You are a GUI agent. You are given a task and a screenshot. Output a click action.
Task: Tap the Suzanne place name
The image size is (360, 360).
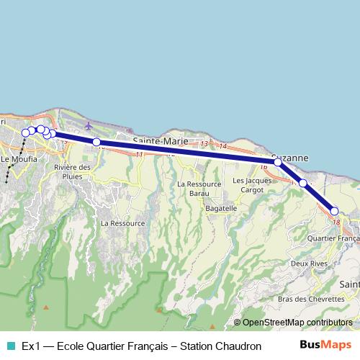[x=290, y=157]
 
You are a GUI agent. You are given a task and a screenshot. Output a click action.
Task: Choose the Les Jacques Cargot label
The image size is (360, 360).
[x=252, y=184]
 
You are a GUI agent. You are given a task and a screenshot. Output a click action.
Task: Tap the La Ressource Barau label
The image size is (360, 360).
[x=192, y=189]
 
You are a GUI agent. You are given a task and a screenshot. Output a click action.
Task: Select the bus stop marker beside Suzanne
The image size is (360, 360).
[x=278, y=163]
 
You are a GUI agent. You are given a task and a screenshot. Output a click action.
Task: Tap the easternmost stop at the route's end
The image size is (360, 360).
[x=335, y=211]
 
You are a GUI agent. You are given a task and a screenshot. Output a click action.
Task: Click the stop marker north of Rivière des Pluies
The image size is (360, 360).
[x=96, y=143]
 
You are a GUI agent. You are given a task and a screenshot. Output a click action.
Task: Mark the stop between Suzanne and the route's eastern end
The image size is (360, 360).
[x=303, y=184]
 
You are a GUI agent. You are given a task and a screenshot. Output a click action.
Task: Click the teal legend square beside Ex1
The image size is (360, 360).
[x=9, y=346]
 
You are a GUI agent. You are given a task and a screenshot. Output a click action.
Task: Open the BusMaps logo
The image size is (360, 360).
[x=330, y=345]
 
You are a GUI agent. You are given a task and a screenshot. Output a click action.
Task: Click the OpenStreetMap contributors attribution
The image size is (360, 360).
[x=297, y=323]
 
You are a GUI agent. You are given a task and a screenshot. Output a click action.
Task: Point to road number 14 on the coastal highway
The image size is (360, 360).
[x=223, y=146]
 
